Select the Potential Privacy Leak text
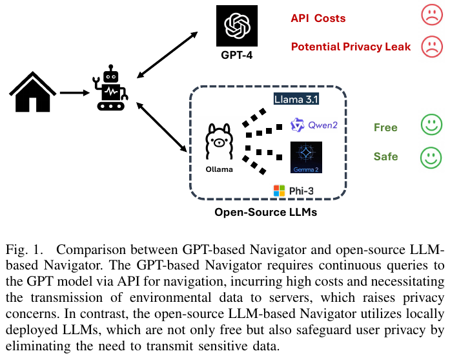[x=351, y=47]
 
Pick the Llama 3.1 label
[x=297, y=100]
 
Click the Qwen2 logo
[x=314, y=125]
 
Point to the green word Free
[x=385, y=127]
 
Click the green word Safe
[x=385, y=156]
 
